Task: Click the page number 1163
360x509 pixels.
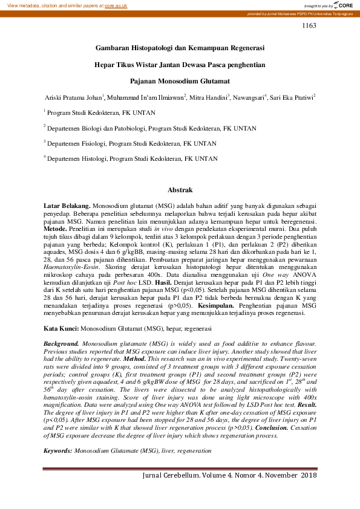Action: point(309,25)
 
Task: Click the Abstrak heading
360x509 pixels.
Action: point(180,190)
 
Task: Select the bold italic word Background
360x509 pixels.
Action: point(61,343)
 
